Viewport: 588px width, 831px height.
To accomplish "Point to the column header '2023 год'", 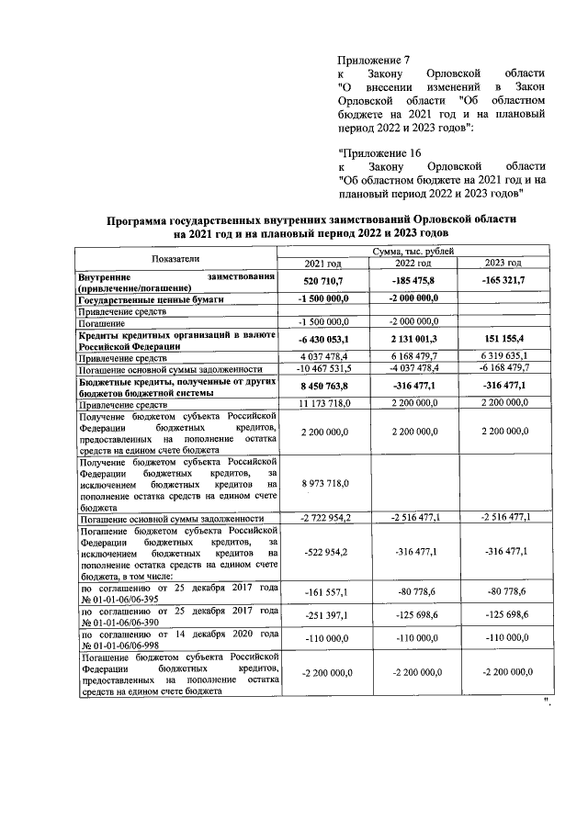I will click(508, 264).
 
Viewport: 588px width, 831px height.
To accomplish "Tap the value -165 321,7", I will click(508, 281).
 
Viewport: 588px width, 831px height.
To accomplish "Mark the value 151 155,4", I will click(508, 339).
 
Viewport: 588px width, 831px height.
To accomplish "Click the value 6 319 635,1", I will click(508, 356).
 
